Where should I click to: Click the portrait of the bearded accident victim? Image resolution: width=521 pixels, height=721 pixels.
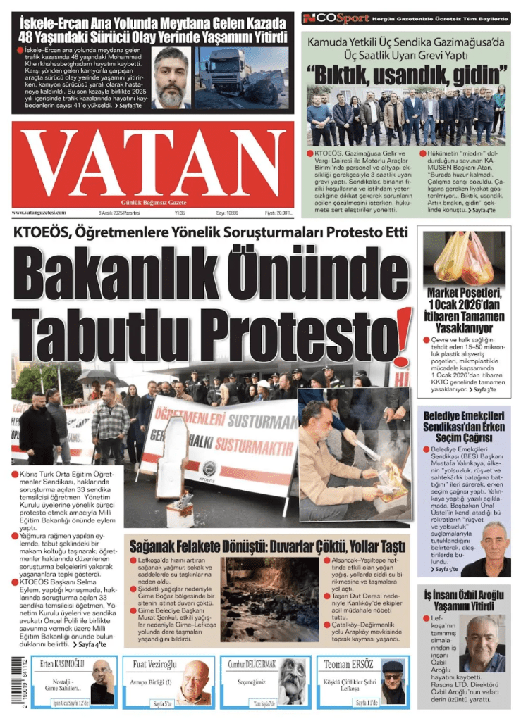[x=171, y=77]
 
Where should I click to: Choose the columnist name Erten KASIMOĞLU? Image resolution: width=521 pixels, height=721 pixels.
[x=62, y=664]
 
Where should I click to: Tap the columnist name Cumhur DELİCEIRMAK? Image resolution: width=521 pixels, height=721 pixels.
[x=252, y=664]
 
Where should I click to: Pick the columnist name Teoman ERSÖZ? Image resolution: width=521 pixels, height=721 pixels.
[x=350, y=664]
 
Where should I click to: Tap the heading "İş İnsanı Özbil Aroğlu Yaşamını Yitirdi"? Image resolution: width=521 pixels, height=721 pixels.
[x=463, y=601]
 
